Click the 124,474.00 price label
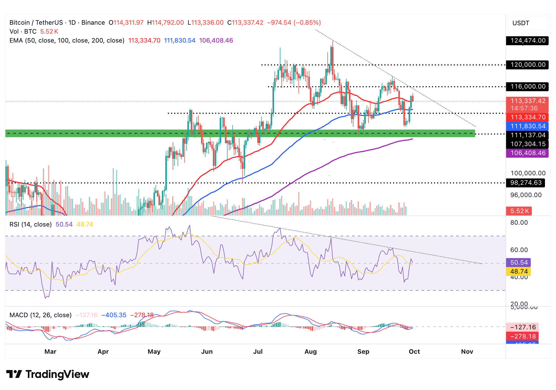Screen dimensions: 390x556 click(x=527, y=41)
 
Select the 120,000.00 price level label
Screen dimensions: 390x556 click(x=527, y=65)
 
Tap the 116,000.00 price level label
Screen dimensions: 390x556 click(x=527, y=86)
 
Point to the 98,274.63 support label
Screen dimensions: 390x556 click(x=526, y=183)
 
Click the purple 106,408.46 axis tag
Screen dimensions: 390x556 click(x=527, y=153)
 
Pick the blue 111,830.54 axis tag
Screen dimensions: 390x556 click(x=527, y=126)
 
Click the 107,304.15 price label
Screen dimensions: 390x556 click(x=527, y=144)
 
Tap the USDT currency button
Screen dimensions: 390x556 click(x=528, y=23)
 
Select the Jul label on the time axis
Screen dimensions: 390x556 click(x=258, y=352)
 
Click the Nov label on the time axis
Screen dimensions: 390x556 click(x=467, y=352)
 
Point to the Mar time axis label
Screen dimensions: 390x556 click(x=50, y=352)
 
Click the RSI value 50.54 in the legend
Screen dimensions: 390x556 click(x=64, y=224)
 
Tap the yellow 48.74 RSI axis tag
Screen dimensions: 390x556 click(x=518, y=271)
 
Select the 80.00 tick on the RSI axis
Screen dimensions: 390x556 click(x=519, y=223)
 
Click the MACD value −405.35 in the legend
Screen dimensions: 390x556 click(x=114, y=315)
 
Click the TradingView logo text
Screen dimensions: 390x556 click(x=57, y=374)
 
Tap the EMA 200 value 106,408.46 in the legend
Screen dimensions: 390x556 click(x=216, y=40)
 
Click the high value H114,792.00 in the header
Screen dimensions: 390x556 click(x=166, y=23)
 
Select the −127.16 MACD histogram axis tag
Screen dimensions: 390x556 click(x=522, y=327)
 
